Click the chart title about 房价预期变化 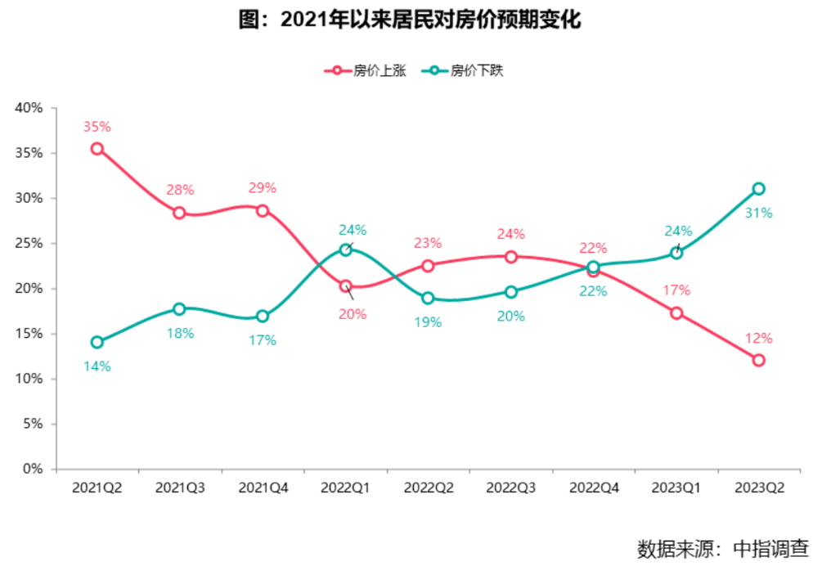coord(410,20)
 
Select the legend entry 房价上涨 coord(366,71)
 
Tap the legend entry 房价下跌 coord(462,71)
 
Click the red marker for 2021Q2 coord(97,149)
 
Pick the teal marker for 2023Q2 coord(758,189)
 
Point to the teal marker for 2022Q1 coord(345,250)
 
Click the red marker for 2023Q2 coord(758,360)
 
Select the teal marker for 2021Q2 coord(97,342)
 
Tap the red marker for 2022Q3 coord(511,257)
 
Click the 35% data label coord(97,127)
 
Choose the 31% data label coord(758,213)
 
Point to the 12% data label coord(758,338)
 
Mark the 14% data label coord(97,366)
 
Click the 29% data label coord(262,187)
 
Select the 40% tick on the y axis coord(29,108)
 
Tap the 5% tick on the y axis coord(33,424)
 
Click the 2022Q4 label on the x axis coord(594,488)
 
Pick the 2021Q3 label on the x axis coord(180,488)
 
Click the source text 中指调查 coord(770,549)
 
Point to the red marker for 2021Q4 coord(262,211)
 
